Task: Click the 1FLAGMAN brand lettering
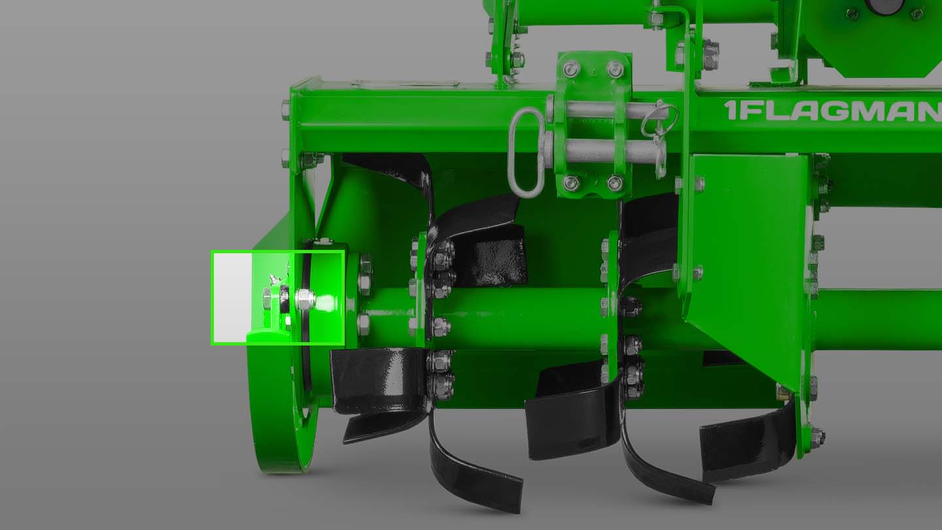pos(833,111)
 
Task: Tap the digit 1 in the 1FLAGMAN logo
pos(731,111)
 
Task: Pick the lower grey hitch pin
pos(606,150)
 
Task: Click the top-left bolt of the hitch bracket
pos(570,68)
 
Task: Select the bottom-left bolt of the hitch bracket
pos(570,182)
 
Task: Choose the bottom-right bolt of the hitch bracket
pos(615,183)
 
